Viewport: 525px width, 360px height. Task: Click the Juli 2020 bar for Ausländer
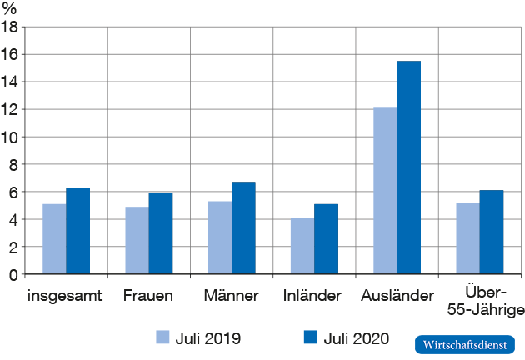409,167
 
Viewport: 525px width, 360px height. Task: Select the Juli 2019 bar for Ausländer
385,191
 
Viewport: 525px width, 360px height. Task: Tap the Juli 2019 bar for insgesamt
55,239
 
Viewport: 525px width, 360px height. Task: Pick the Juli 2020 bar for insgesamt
78,231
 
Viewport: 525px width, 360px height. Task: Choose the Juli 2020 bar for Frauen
161,233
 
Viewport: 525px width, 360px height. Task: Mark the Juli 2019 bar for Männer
220,237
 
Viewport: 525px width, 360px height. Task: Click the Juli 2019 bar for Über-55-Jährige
467,238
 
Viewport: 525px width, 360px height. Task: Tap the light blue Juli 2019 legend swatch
164,337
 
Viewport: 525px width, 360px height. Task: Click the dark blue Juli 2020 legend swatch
311,337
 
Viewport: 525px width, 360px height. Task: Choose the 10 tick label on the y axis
11,137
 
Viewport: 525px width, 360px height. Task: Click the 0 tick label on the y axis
14,274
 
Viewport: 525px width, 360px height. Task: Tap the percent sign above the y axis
9,8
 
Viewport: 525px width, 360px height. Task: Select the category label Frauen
147,296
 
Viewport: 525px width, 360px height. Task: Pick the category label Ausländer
397,296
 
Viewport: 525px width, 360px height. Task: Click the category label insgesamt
65,297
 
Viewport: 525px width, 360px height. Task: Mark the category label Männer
231,296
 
